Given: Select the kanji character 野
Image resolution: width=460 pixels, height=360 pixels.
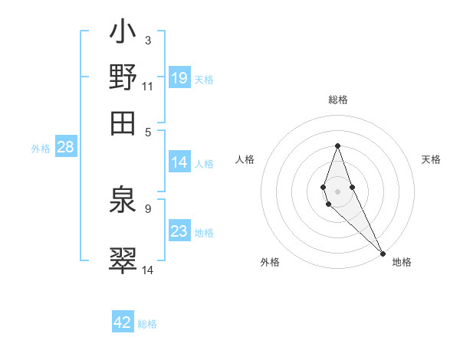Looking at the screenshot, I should (x=123, y=78).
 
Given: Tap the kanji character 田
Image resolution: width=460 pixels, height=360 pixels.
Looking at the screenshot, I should (x=123, y=122).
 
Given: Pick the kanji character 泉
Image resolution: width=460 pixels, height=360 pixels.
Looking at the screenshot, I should (x=123, y=203).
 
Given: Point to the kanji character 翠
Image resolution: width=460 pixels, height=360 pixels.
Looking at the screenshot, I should (x=123, y=258).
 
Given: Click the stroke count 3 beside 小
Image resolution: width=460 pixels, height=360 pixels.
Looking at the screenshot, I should (x=148, y=39).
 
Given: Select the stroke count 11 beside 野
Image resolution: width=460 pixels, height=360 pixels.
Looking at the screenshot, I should (x=148, y=86).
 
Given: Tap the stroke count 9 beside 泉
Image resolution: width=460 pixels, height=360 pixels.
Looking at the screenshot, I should (x=148, y=208).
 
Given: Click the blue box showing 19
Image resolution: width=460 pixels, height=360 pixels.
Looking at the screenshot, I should (x=179, y=78).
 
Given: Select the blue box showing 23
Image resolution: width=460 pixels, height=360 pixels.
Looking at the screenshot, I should (x=179, y=231).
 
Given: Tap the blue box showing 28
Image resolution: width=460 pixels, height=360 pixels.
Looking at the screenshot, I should (x=65, y=148).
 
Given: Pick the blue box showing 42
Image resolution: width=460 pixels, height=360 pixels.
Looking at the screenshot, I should (x=123, y=322).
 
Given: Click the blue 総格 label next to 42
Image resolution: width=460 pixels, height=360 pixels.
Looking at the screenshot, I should (x=147, y=324).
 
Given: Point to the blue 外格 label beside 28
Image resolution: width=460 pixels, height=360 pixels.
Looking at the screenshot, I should (x=41, y=149).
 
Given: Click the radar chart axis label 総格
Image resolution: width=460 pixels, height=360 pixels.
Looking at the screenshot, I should (x=338, y=100).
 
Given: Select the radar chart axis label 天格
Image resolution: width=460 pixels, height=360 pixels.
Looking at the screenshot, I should (x=431, y=159).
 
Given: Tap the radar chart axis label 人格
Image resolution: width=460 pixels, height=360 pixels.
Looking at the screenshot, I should (x=245, y=159).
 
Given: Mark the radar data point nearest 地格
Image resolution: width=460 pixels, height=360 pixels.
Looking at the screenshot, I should (x=383, y=253).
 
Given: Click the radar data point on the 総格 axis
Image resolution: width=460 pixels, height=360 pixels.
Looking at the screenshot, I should (x=338, y=146).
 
